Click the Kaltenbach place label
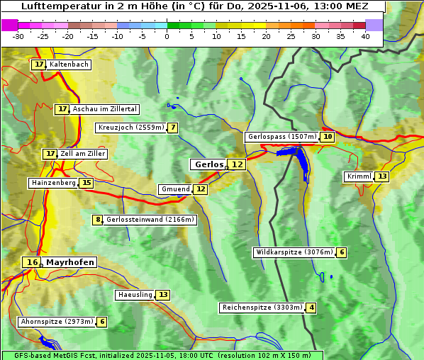pyautogui.click(x=69, y=64)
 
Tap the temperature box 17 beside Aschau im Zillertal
pyautogui.click(x=62, y=109)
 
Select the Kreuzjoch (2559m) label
pyautogui.click(x=130, y=128)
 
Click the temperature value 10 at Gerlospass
pyautogui.click(x=327, y=137)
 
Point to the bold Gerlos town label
pyautogui.click(x=208, y=164)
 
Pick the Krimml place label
pyautogui.click(x=359, y=176)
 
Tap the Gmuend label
pyautogui.click(x=175, y=189)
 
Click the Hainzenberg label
pyautogui.click(x=52, y=183)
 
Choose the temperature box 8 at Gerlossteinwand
pyautogui.click(x=98, y=220)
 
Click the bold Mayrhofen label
pyautogui.click(x=69, y=262)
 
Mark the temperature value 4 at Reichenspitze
pyautogui.click(x=311, y=308)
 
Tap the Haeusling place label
pyautogui.click(x=134, y=295)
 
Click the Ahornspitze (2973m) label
pyautogui.click(x=57, y=322)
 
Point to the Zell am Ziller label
pyautogui.click(x=83, y=154)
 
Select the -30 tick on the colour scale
pyautogui.click(x=18, y=35)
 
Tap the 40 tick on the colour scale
pyautogui.click(x=365, y=35)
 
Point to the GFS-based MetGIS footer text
pyautogui.click(x=162, y=355)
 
